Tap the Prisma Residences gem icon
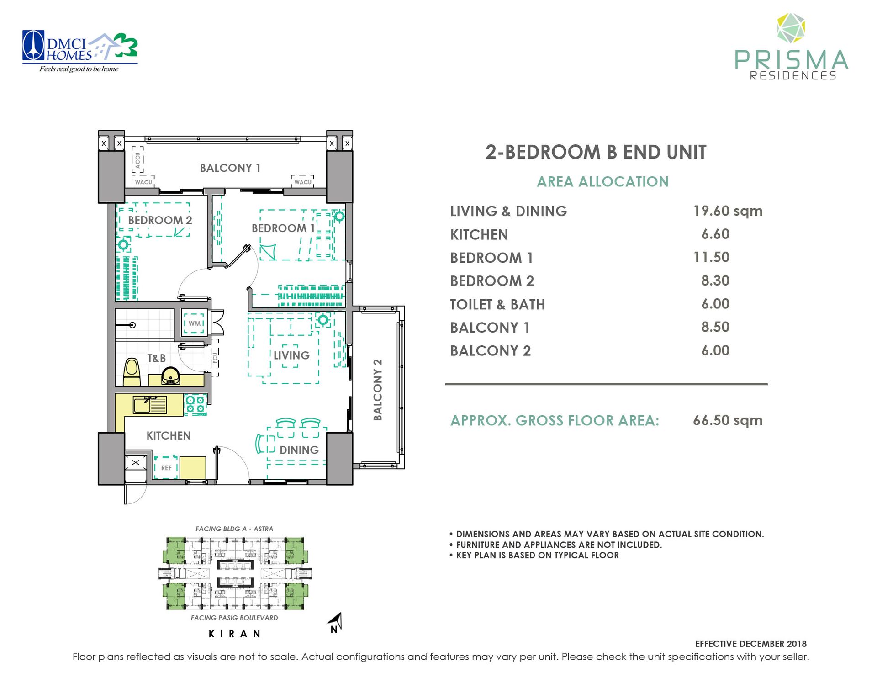791,29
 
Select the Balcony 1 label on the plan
230,168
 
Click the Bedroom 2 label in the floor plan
160,220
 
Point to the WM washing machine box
195,323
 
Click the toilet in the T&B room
132,372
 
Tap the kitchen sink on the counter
150,405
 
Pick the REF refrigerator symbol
166,467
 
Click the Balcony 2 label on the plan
378,390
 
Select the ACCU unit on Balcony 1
137,159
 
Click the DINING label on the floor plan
299,450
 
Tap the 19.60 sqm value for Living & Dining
728,211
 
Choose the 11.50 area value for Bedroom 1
711,257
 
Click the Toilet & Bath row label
497,304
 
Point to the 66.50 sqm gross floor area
728,420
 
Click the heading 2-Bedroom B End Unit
596,152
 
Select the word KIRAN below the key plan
235,634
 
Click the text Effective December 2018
751,644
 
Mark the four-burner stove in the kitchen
195,405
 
